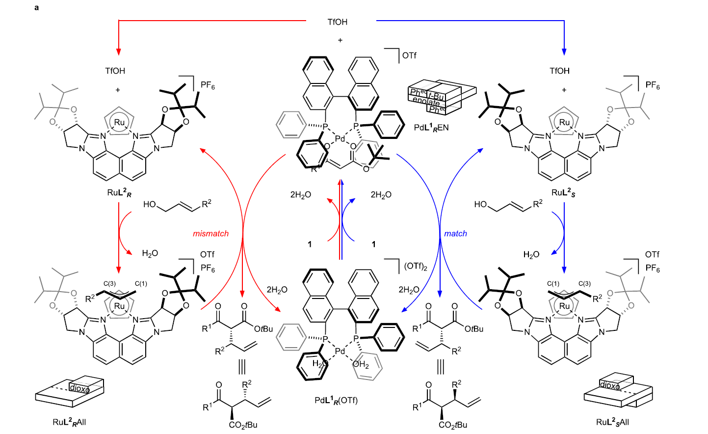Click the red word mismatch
click(x=210, y=234)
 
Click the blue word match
click(x=455, y=234)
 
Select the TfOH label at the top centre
click(x=338, y=22)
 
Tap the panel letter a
click(x=37, y=7)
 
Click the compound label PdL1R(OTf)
click(x=336, y=400)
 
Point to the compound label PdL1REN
click(x=431, y=128)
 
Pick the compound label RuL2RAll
click(x=69, y=422)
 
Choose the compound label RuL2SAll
click(x=612, y=422)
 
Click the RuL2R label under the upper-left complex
click(x=119, y=192)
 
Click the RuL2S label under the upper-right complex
click(x=563, y=192)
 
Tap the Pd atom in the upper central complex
click(x=340, y=139)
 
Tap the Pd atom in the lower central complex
click(x=340, y=351)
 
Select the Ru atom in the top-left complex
click(x=119, y=122)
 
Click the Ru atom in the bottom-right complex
click(x=564, y=306)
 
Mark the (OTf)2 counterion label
click(x=416, y=267)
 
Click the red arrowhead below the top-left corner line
click(x=119, y=52)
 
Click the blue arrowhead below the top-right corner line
click(x=564, y=52)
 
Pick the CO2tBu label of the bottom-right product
click(x=453, y=425)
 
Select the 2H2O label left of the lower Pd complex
click(x=277, y=290)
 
